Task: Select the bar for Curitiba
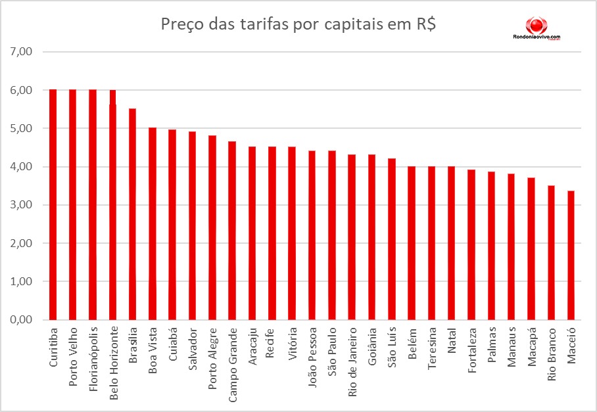[53, 204]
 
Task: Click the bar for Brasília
[132, 214]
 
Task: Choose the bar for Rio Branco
[551, 252]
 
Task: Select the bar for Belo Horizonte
[112, 204]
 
